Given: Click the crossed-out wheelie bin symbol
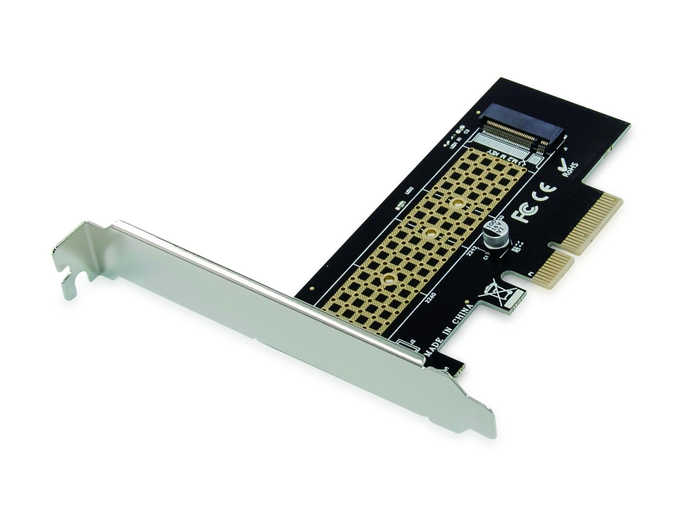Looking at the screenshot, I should point(492,293).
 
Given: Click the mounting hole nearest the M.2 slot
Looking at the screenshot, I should point(457,204).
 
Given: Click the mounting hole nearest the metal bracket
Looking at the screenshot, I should point(389,279).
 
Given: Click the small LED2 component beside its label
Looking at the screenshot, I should point(401,206).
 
